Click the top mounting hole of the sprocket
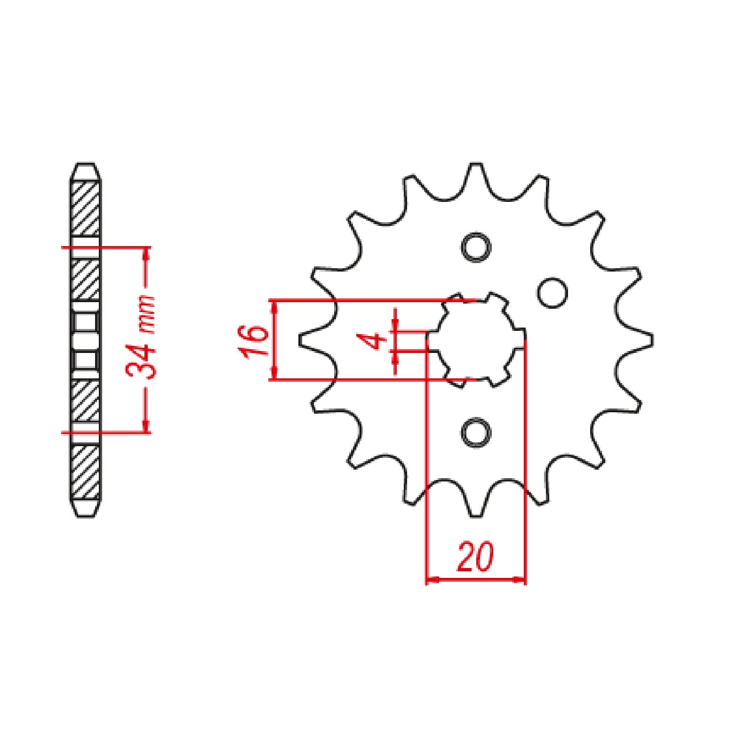pos(476,247)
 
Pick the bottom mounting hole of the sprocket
pos(476,432)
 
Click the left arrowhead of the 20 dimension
pos(431,579)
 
